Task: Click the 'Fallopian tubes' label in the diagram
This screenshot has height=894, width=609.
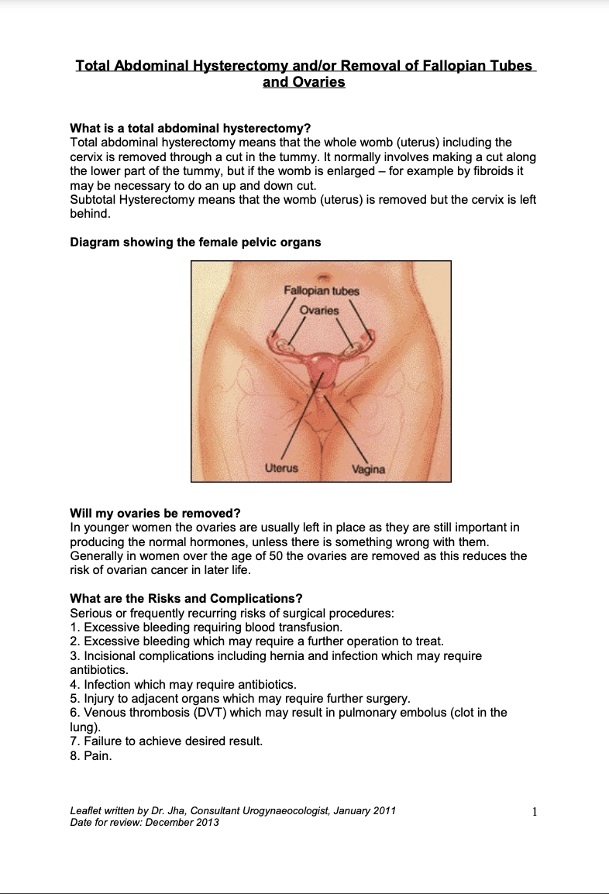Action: [x=321, y=291]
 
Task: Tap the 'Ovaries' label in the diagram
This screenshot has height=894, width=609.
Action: [x=318, y=310]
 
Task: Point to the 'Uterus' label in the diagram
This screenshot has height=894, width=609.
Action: [x=281, y=468]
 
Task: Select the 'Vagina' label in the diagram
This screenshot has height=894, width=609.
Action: [x=368, y=469]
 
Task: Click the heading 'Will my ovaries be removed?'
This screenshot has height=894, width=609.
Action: [x=155, y=514]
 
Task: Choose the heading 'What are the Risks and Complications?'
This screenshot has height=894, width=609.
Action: [x=186, y=599]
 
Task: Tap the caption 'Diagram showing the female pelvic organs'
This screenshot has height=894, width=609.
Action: [x=195, y=242]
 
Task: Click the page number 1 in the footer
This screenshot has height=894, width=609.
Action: [x=535, y=812]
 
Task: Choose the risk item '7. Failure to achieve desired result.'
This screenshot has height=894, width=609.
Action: [x=166, y=741]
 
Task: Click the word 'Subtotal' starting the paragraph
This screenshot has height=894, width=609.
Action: [x=94, y=199]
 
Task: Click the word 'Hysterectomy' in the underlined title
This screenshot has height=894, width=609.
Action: [x=246, y=65]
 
